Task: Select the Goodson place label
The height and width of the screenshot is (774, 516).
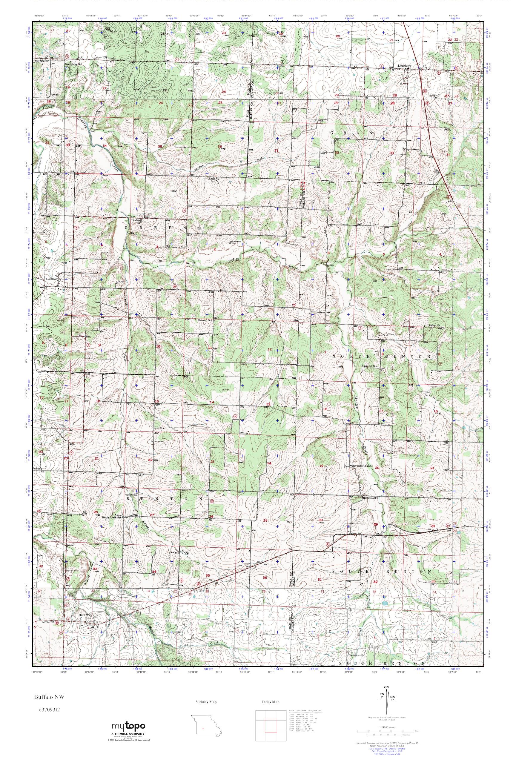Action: click(52, 278)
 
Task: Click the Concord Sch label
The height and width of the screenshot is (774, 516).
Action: click(206, 320)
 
